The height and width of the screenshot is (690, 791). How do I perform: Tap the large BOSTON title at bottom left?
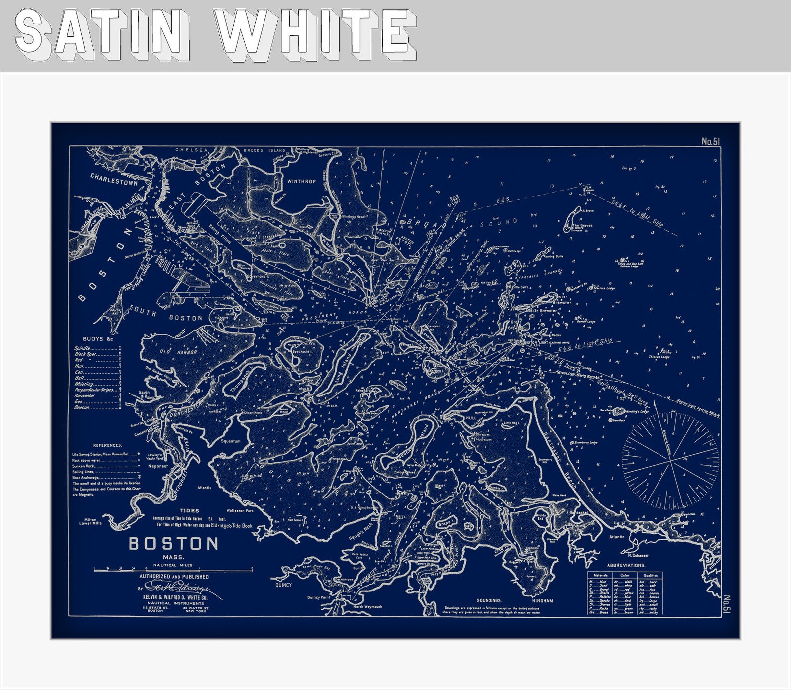tap(173, 544)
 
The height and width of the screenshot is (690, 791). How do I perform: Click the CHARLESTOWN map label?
tap(114, 179)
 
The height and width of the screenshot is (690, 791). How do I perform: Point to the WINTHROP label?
tap(301, 181)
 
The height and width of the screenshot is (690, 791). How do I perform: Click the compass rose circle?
tap(670, 461)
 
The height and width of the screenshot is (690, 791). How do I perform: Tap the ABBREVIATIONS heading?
tap(626, 565)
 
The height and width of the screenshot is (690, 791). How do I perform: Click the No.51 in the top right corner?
tap(711, 142)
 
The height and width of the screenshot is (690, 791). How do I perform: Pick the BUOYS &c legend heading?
tap(98, 339)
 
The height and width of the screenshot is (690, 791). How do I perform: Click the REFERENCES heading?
tap(107, 445)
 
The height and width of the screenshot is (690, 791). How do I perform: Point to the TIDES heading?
tap(189, 510)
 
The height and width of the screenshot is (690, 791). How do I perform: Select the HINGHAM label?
tap(542, 600)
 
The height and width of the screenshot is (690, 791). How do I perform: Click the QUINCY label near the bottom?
tap(283, 585)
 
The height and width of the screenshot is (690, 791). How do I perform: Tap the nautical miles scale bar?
tap(172, 570)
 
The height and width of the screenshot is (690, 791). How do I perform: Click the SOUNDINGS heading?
tap(488, 600)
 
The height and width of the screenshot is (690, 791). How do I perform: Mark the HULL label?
tap(471, 418)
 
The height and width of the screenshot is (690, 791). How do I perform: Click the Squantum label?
tap(230, 441)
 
